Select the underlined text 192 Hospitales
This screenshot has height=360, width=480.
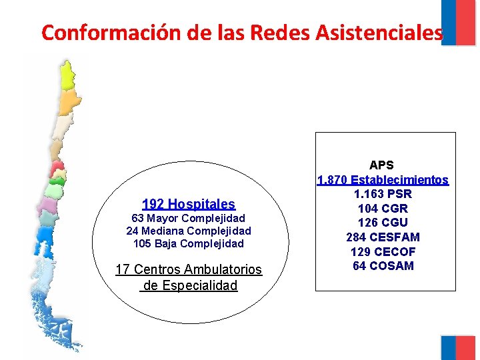[189, 204]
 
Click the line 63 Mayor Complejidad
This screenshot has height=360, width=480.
[189, 219]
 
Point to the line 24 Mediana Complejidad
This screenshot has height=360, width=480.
[189, 231]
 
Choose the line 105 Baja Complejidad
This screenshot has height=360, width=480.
[189, 244]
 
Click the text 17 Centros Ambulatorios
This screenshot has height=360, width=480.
[189, 270]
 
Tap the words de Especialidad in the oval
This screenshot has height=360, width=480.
[189, 286]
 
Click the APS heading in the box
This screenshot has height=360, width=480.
[382, 165]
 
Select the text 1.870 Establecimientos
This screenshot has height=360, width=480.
[383, 180]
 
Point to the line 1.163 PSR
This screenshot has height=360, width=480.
[383, 195]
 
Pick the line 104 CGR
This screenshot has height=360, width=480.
[383, 209]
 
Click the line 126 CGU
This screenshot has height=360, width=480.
[383, 223]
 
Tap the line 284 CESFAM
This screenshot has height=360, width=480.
[383, 237]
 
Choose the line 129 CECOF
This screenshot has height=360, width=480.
[383, 252]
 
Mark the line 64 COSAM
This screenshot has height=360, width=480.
[383, 266]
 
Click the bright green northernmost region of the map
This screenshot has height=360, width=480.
[68, 75]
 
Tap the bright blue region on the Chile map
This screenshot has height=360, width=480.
[45, 235]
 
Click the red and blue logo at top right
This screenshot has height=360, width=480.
[459, 22]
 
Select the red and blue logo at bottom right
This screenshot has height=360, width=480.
[459, 347]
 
